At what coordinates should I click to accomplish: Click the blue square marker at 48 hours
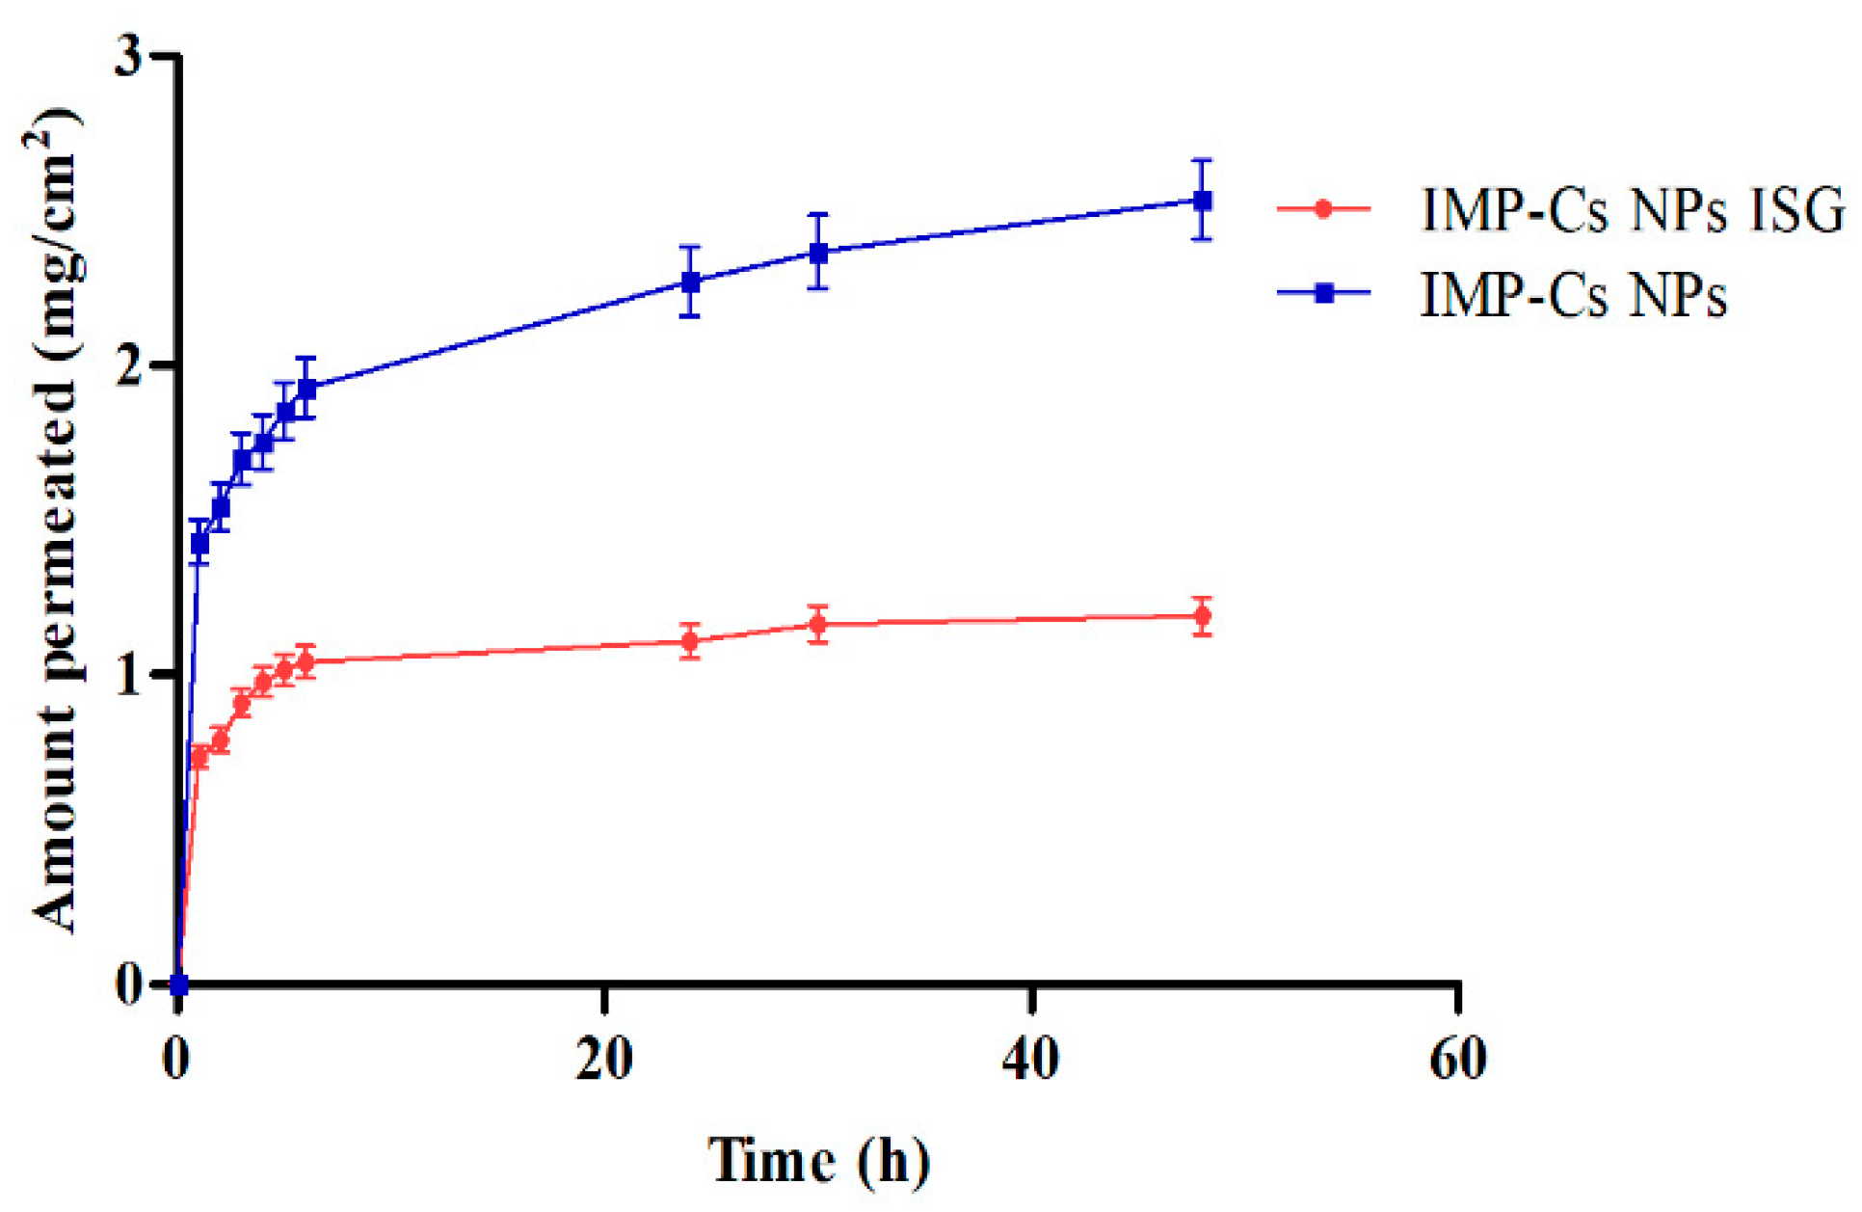[x=1202, y=201]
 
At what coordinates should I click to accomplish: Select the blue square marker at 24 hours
[x=690, y=283]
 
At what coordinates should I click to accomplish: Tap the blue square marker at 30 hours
[x=818, y=253]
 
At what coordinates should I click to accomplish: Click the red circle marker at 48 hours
[x=1202, y=616]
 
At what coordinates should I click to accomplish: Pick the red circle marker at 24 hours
[x=690, y=641]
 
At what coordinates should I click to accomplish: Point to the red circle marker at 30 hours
[x=818, y=625]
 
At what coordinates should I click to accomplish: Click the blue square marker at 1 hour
[x=199, y=544]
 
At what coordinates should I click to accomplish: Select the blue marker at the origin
[x=178, y=984]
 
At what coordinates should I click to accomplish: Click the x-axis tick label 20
[x=604, y=1059]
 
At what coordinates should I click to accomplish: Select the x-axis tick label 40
[x=1030, y=1059]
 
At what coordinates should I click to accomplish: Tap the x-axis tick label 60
[x=1457, y=1059]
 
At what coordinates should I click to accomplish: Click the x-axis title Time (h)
[x=819, y=1160]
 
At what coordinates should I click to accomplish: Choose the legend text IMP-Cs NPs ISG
[x=1633, y=209]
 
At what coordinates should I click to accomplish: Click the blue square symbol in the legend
[x=1324, y=293]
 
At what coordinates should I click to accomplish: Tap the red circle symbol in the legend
[x=1324, y=208]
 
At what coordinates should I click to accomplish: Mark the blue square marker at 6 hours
[x=306, y=389]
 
